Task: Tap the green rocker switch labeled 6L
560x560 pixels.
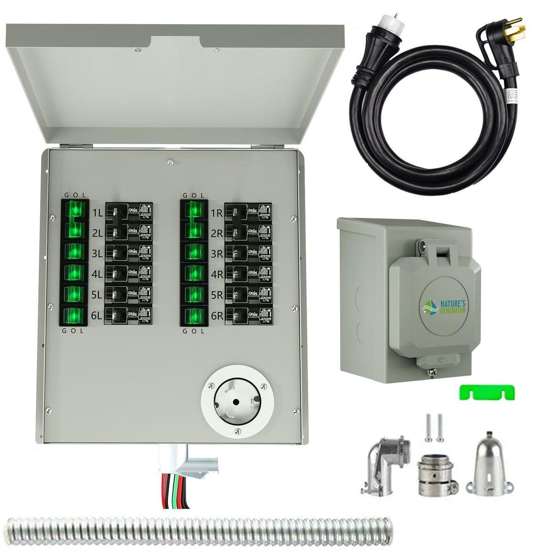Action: click(x=74, y=316)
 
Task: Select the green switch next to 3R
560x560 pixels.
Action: click(x=193, y=252)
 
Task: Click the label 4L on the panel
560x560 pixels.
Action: click(x=97, y=274)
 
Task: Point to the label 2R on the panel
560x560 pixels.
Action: click(x=217, y=233)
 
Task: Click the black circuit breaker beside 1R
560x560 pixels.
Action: click(x=248, y=212)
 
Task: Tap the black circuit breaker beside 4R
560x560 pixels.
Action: click(x=248, y=274)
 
